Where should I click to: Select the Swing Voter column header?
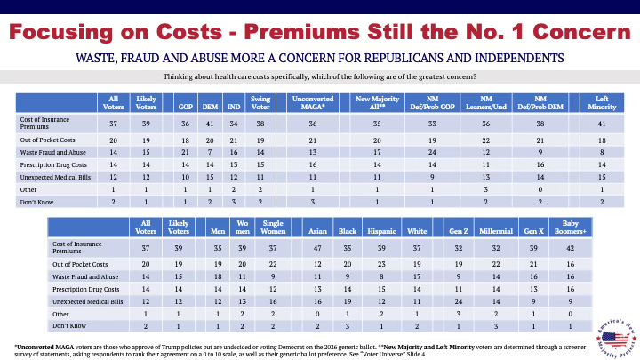pos(261,100)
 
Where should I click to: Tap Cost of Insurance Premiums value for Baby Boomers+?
pos(567,250)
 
